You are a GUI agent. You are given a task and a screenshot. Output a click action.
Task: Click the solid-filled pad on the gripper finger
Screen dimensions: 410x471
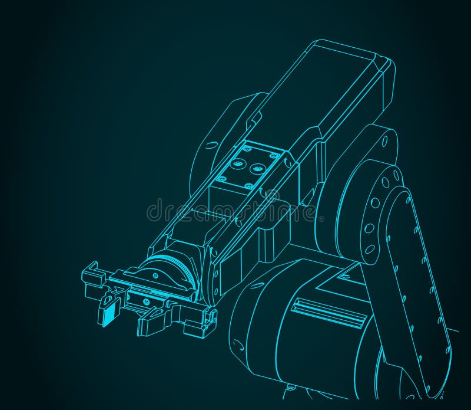(107, 313)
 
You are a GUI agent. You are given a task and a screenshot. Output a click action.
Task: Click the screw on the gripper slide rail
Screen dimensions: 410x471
(145, 301)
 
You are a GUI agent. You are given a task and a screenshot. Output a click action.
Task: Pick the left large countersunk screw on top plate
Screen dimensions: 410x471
(238, 163)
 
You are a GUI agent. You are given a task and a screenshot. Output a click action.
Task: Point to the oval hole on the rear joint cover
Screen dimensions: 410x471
(385, 142)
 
